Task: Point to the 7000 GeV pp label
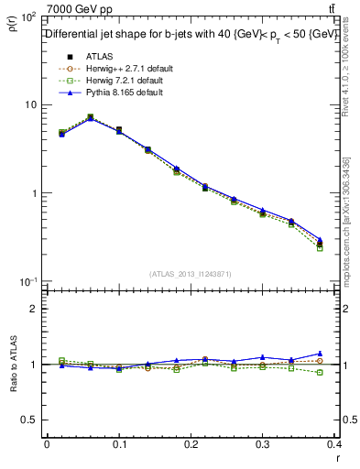click(x=80, y=9)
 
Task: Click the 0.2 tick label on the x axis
click(x=191, y=444)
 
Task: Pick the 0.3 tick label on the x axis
click(x=263, y=444)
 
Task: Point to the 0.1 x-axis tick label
click(x=119, y=444)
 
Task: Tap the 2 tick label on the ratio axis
click(x=32, y=310)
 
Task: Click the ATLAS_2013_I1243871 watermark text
click(x=191, y=274)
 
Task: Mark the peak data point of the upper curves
click(x=90, y=117)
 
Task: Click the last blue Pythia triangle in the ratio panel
click(x=320, y=354)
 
